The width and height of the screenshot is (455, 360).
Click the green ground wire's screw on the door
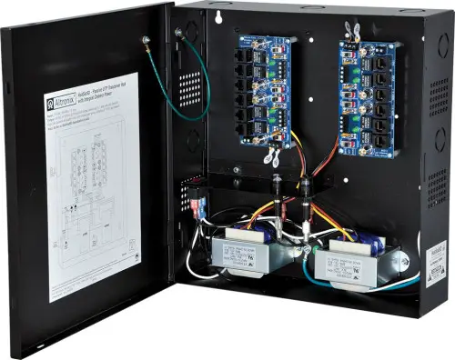point(145,39)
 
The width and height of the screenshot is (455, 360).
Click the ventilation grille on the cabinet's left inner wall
point(189,86)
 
